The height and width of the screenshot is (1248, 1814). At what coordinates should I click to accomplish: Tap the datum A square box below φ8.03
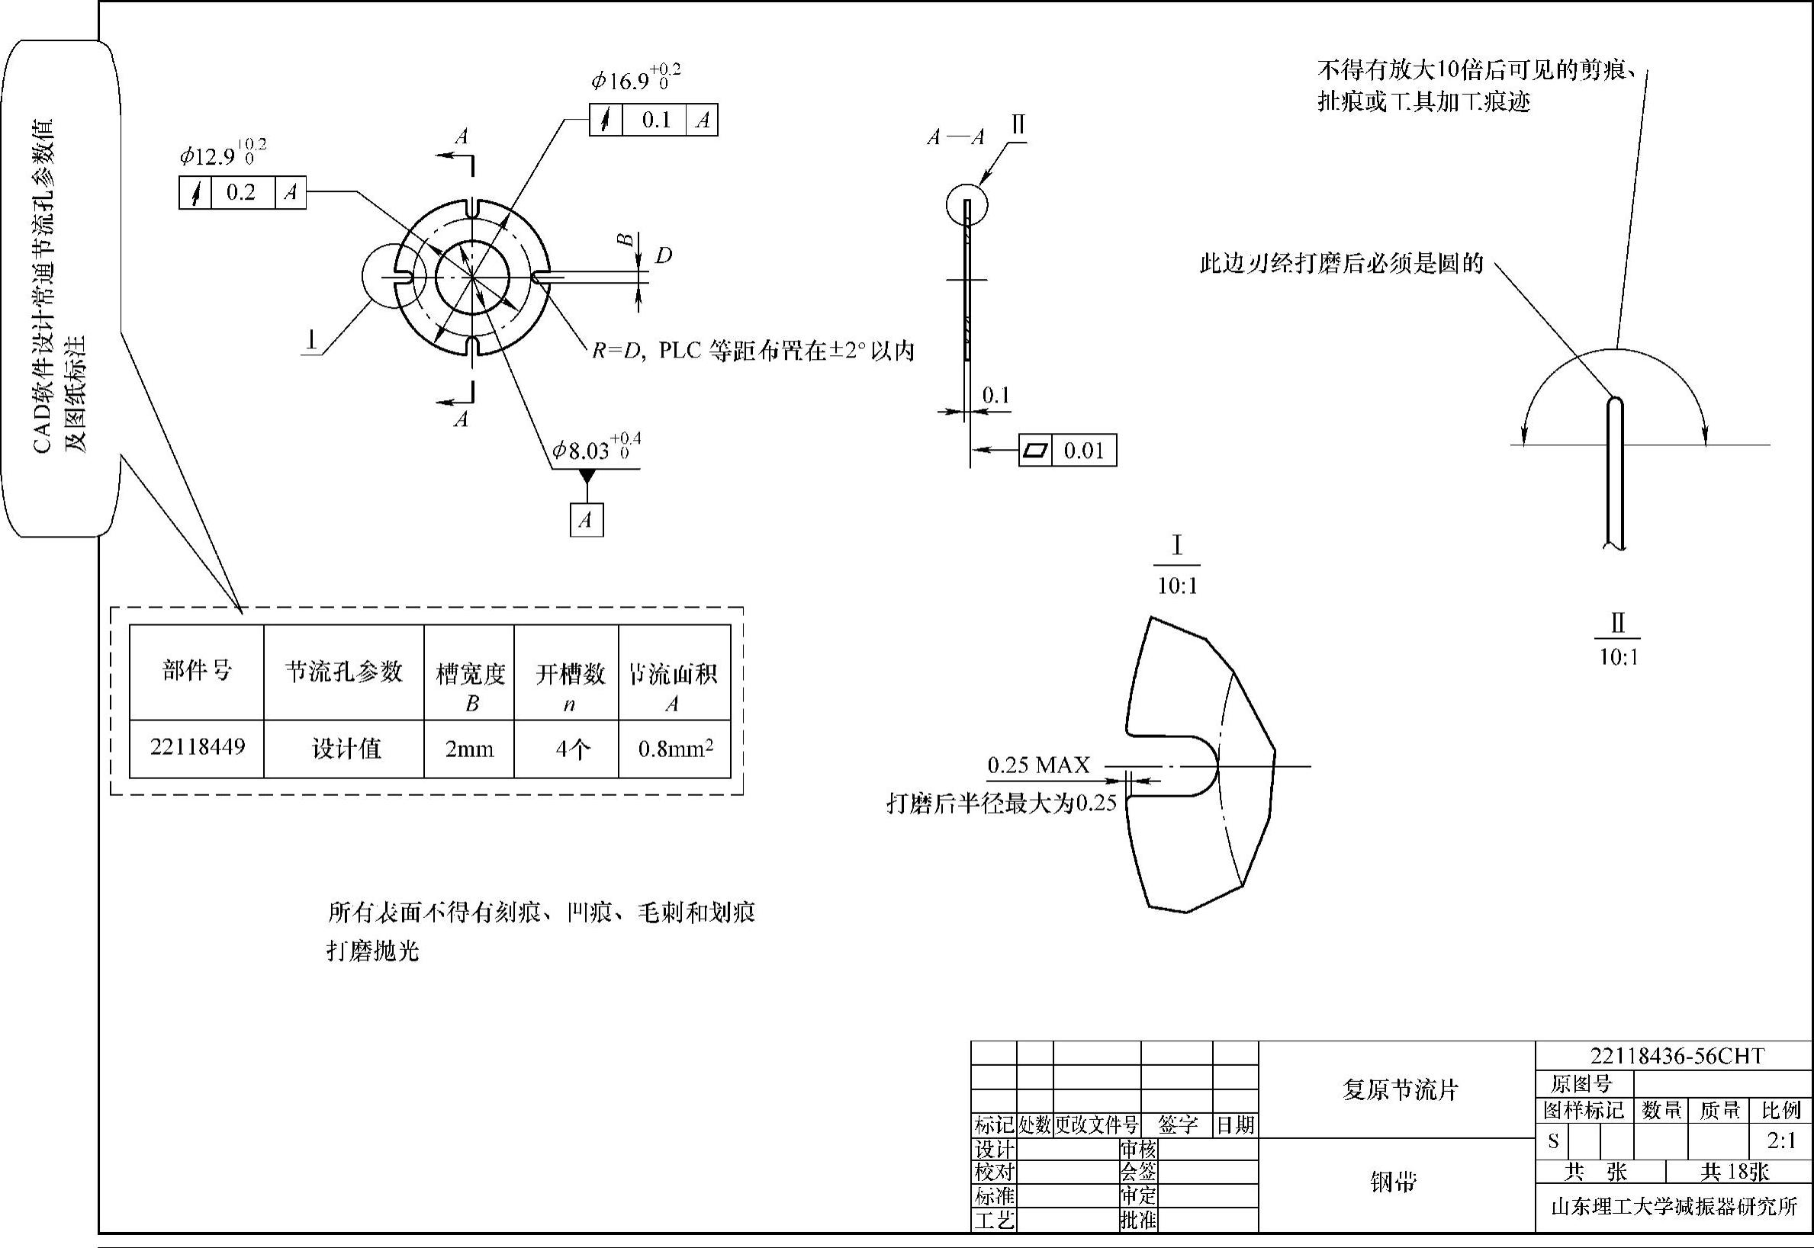[587, 520]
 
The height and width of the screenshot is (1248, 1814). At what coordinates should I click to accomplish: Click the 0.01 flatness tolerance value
[1083, 451]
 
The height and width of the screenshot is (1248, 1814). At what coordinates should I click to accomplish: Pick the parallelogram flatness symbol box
[1036, 451]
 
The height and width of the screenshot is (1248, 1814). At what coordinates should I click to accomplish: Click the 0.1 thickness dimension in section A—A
[995, 395]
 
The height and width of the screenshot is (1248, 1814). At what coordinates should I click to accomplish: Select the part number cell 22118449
[197, 747]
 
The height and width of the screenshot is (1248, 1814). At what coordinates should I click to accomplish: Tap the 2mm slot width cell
[469, 749]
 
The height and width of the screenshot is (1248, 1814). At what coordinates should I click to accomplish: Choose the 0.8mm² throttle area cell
[675, 749]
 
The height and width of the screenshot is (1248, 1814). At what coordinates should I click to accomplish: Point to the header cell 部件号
[197, 671]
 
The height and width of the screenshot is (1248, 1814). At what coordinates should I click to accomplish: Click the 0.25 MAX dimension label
[1038, 765]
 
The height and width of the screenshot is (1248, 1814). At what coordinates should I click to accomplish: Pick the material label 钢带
[1393, 1182]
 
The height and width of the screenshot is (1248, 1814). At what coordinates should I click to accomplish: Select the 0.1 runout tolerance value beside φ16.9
[656, 120]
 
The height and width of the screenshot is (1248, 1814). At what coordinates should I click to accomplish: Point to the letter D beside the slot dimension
[663, 255]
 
